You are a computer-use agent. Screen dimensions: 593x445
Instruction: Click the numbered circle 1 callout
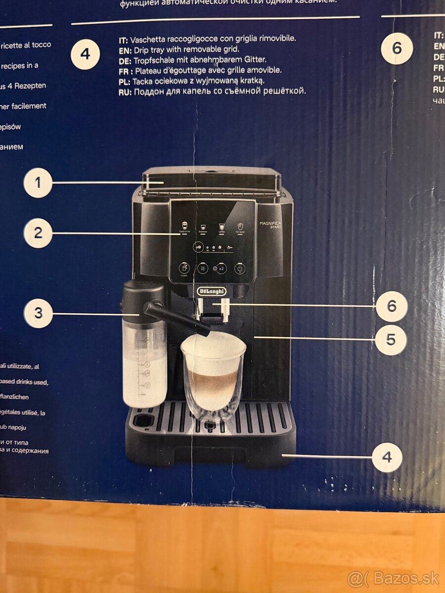38,183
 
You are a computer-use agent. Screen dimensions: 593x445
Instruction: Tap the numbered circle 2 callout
38,233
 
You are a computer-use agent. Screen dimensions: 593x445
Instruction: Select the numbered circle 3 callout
38,314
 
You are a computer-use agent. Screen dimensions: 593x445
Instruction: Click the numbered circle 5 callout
391,339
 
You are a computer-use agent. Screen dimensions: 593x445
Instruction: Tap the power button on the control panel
240,269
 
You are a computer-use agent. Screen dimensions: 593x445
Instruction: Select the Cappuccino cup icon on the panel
184,225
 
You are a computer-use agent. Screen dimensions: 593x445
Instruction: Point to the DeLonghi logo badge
212,291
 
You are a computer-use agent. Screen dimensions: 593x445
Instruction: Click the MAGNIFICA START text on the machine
270,225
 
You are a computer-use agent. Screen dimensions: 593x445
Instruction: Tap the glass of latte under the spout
213,376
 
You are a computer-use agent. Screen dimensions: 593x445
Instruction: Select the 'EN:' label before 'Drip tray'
125,49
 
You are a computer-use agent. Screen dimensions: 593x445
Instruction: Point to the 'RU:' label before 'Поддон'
126,91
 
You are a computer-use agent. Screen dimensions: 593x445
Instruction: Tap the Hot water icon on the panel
240,225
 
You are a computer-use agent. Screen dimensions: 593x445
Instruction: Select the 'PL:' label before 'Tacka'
125,81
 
